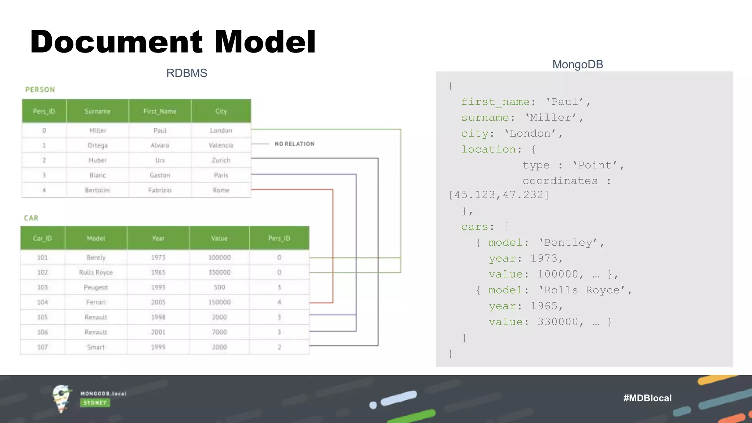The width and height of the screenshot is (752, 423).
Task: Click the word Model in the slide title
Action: (x=265, y=41)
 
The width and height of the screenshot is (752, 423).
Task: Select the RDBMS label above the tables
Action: (x=187, y=73)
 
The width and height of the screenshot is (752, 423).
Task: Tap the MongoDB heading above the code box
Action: (x=578, y=64)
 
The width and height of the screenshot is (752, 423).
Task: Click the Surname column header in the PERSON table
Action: (x=97, y=111)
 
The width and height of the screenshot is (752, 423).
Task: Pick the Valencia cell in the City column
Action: (x=221, y=145)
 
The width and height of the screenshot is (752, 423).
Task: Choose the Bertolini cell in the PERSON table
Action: (x=97, y=190)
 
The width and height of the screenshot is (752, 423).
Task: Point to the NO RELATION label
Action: (x=294, y=144)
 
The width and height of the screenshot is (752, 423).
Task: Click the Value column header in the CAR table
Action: (x=219, y=238)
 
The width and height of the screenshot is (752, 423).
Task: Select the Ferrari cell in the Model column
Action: (x=96, y=302)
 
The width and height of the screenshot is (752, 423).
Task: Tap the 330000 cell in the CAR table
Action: (x=219, y=272)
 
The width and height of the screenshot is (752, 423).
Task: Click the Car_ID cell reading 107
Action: (x=43, y=347)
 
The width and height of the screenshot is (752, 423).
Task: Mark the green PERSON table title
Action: (x=40, y=90)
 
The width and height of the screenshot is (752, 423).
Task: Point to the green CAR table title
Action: (x=31, y=218)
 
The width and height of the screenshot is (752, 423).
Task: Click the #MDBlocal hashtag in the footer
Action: (x=647, y=398)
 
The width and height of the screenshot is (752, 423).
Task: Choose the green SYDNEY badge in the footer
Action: (x=95, y=403)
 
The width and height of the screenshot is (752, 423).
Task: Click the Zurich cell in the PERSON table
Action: (x=221, y=160)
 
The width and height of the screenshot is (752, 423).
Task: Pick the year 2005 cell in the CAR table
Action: (x=158, y=302)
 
